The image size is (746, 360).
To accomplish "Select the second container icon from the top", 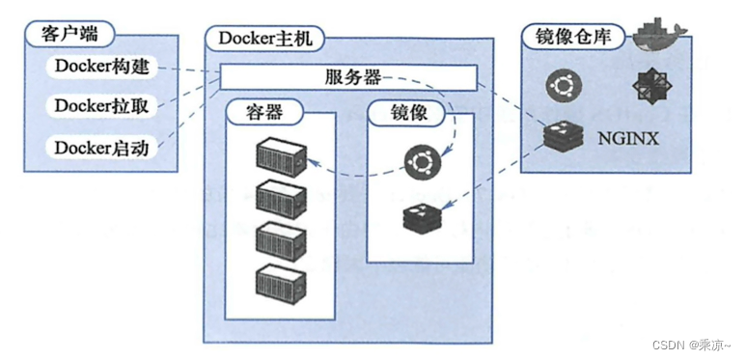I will point(281,198).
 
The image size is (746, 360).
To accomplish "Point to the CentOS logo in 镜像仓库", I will point(649,87).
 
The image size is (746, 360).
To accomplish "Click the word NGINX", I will point(629,138).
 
